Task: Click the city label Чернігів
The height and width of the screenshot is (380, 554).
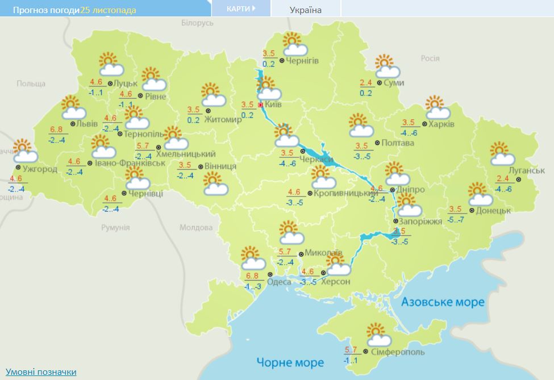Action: click(x=302, y=61)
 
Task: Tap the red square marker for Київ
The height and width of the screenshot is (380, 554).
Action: click(x=261, y=105)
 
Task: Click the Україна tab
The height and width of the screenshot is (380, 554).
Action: click(x=305, y=10)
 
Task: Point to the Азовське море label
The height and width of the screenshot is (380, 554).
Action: click(x=443, y=302)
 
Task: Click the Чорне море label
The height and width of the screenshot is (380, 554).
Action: click(x=290, y=362)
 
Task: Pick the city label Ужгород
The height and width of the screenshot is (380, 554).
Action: click(x=40, y=169)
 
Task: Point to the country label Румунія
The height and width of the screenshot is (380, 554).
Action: click(x=115, y=227)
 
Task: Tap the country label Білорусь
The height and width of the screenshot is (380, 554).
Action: click(x=197, y=23)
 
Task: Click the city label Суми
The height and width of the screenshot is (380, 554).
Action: click(x=394, y=83)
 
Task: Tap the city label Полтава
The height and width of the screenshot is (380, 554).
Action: click(x=398, y=143)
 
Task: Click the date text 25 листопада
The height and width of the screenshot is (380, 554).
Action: click(x=108, y=10)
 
